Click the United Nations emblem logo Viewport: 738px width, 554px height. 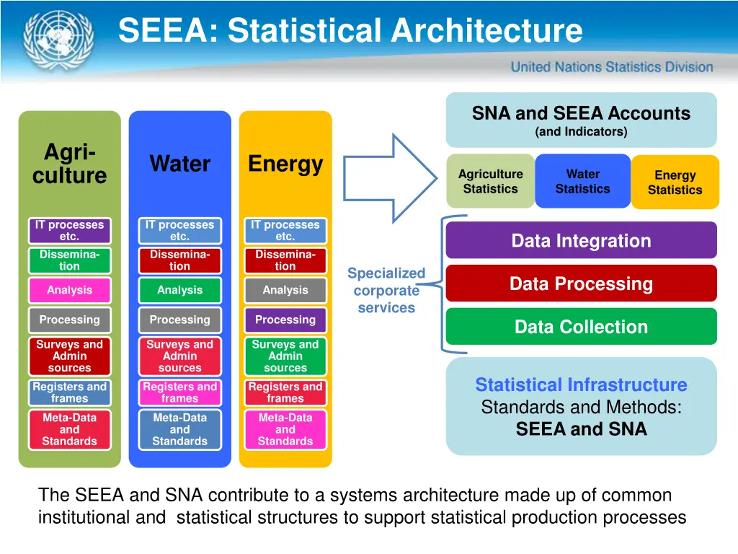coord(49,40)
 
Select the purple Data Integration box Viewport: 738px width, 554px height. coord(581,241)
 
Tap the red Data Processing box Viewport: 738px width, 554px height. coord(581,283)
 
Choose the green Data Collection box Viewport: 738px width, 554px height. coord(581,327)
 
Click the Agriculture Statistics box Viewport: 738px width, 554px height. coord(491,181)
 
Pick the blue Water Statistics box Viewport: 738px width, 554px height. coord(582,181)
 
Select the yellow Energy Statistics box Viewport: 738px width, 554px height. coord(675,183)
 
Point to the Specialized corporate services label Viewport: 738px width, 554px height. coord(386,291)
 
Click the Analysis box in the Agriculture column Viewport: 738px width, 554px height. coord(69,290)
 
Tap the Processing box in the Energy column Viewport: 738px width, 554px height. coord(285,320)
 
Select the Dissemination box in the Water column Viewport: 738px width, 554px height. coord(179,260)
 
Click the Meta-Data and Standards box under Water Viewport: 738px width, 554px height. coord(179,429)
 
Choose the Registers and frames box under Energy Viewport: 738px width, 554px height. coord(285,392)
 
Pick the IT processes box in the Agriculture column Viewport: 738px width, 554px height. coord(69,231)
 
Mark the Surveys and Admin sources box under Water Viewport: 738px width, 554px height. coord(179,356)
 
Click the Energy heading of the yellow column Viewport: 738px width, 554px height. coord(285,164)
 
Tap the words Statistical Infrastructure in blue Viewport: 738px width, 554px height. coord(581,385)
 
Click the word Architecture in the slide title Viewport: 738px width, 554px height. coord(486,31)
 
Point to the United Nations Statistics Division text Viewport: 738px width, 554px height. coord(612,67)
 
